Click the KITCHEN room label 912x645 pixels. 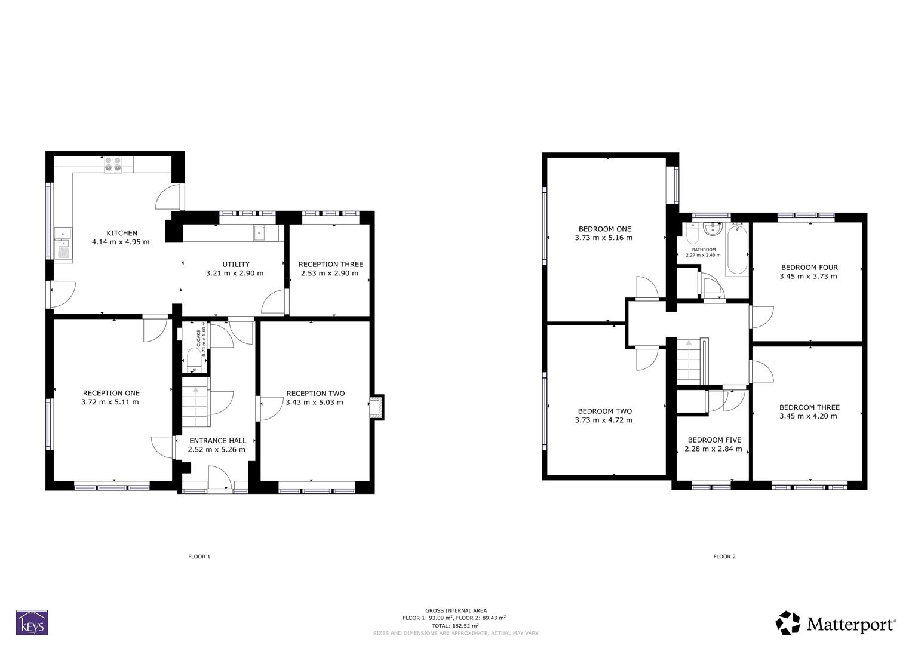point(122,233)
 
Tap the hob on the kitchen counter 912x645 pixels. point(113,164)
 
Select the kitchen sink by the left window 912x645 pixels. point(63,244)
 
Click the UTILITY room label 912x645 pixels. point(235,264)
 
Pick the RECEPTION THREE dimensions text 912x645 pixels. point(330,274)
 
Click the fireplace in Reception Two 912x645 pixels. point(376,407)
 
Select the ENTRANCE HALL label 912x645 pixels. point(217,441)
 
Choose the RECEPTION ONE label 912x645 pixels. point(111,393)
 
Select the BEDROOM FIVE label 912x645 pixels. point(714,440)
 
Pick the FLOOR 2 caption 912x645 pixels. point(724,557)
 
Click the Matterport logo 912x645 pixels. point(836,624)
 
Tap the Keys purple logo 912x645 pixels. point(32,622)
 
